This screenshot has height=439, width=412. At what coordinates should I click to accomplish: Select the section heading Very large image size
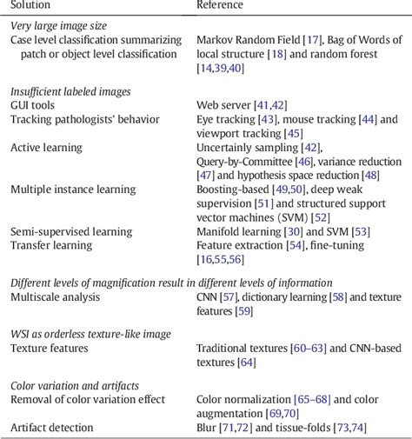click(x=60, y=26)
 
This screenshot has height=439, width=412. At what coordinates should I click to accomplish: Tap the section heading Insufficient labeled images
click(x=70, y=91)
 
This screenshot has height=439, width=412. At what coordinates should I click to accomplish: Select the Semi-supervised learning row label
click(x=71, y=231)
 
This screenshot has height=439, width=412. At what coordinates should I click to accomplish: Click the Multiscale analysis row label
click(x=56, y=297)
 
